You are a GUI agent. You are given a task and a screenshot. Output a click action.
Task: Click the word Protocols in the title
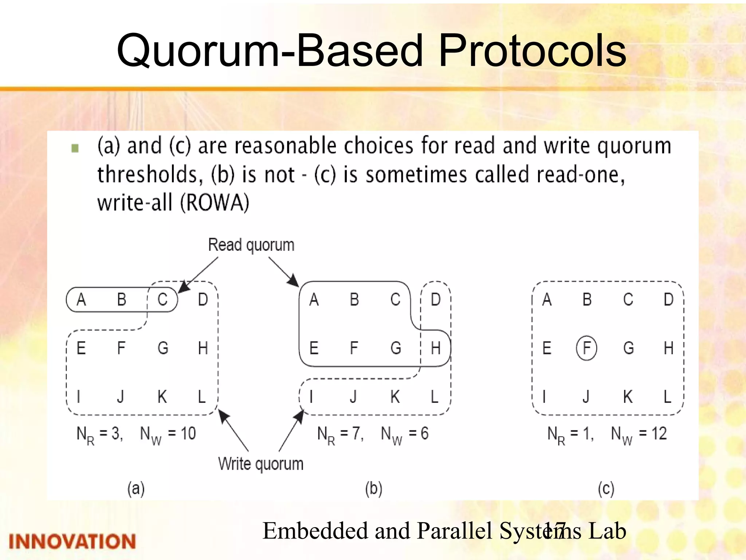[x=532, y=51]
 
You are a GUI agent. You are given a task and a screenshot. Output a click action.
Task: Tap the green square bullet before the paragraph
[x=75, y=148]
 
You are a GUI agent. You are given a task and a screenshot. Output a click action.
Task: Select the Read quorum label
[x=251, y=245]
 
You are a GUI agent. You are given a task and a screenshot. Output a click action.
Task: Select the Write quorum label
[x=261, y=464]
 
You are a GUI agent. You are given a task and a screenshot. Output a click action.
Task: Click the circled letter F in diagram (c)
[x=586, y=348]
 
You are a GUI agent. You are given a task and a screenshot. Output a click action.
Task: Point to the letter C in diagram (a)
[x=162, y=300]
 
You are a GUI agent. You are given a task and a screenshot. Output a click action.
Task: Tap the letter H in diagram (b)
[x=436, y=348]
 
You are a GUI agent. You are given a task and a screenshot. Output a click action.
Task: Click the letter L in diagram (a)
[x=202, y=397]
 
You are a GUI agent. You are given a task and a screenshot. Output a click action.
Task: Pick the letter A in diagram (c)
[x=546, y=300]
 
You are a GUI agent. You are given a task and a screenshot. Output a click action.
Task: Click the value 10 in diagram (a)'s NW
[x=188, y=434]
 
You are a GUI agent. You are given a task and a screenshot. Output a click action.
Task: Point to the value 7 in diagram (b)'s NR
[x=356, y=434]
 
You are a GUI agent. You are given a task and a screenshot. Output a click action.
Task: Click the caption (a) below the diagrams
[x=136, y=489]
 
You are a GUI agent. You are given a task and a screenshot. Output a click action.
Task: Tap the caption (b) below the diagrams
[x=374, y=489]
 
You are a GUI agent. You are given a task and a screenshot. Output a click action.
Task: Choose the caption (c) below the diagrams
[x=606, y=489]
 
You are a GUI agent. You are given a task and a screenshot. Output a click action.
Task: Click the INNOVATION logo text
[x=72, y=541]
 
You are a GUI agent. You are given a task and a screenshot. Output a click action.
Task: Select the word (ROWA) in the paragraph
[x=215, y=203]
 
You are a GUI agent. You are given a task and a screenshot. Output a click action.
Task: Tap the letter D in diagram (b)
[x=436, y=300]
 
